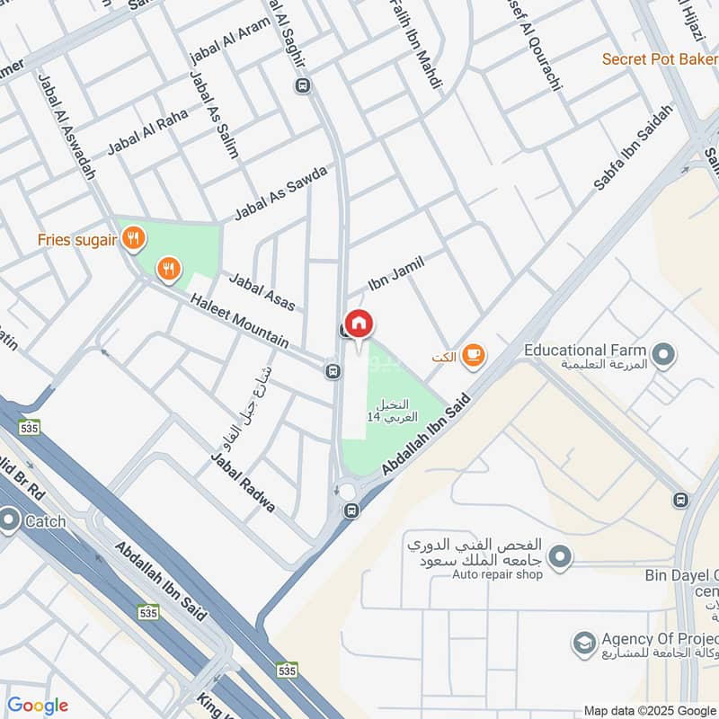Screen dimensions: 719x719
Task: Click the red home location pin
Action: click(359, 324)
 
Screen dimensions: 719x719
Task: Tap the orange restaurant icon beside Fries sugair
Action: click(134, 238)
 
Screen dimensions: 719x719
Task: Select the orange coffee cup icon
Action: click(473, 357)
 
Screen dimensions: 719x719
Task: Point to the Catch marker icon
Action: click(10, 519)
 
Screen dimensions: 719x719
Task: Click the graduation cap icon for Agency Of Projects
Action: click(584, 644)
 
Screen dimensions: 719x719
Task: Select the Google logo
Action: click(37, 706)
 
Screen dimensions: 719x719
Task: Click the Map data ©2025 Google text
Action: click(650, 709)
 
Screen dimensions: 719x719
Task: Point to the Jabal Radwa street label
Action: click(243, 483)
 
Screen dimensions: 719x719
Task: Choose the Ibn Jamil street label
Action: click(395, 274)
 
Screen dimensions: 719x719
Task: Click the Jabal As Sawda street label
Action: click(280, 192)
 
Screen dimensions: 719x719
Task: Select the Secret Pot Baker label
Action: click(659, 58)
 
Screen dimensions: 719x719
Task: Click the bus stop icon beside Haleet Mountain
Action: click(333, 370)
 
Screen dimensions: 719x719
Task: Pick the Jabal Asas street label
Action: click(262, 292)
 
